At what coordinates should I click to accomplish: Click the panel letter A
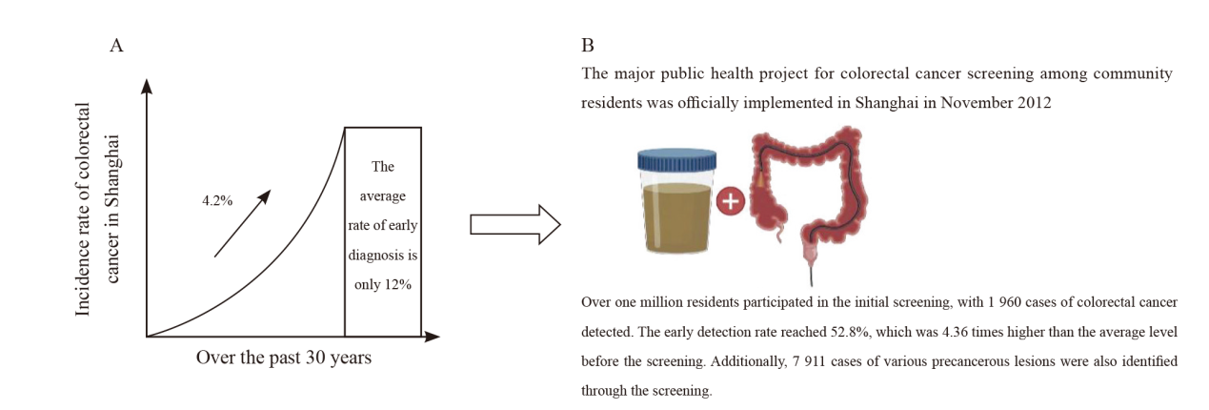coord(116,46)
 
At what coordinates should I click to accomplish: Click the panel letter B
coord(588,46)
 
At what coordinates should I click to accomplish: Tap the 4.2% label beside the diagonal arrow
coord(217,201)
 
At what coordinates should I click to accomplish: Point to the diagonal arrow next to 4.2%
coord(242,223)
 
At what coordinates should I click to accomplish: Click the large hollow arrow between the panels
coord(514,224)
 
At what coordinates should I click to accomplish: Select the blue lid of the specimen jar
coord(676,160)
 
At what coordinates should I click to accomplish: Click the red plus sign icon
coord(731,201)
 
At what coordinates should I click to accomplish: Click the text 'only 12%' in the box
coord(383,285)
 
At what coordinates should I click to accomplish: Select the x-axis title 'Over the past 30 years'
coord(283,358)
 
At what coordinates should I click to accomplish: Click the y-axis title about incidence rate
coord(98,209)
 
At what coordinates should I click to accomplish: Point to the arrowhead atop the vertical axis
coord(147,87)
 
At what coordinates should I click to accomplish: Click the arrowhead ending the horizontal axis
coord(432,338)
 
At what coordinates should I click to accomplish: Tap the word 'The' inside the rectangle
coord(383,166)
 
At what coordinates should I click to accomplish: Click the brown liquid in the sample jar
coord(676,217)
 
